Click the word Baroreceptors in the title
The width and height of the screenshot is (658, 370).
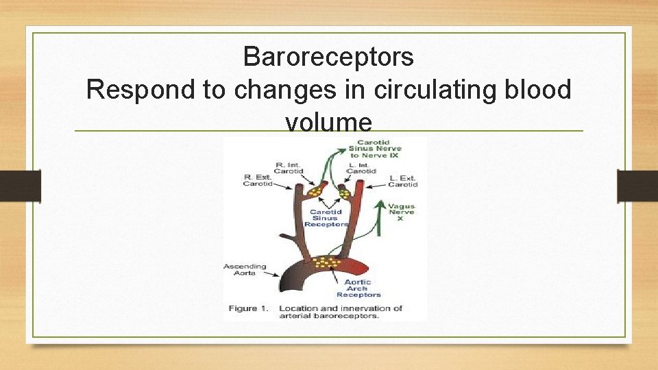(x=328, y=56)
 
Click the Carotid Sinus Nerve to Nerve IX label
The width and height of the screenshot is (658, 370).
(x=374, y=149)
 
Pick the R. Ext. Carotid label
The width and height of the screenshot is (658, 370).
(x=258, y=180)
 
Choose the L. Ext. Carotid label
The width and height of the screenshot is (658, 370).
(x=402, y=181)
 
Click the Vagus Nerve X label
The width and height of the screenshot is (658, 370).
(x=401, y=212)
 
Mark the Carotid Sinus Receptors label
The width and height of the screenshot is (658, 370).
(x=326, y=218)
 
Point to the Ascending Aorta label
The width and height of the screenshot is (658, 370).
(x=245, y=270)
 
